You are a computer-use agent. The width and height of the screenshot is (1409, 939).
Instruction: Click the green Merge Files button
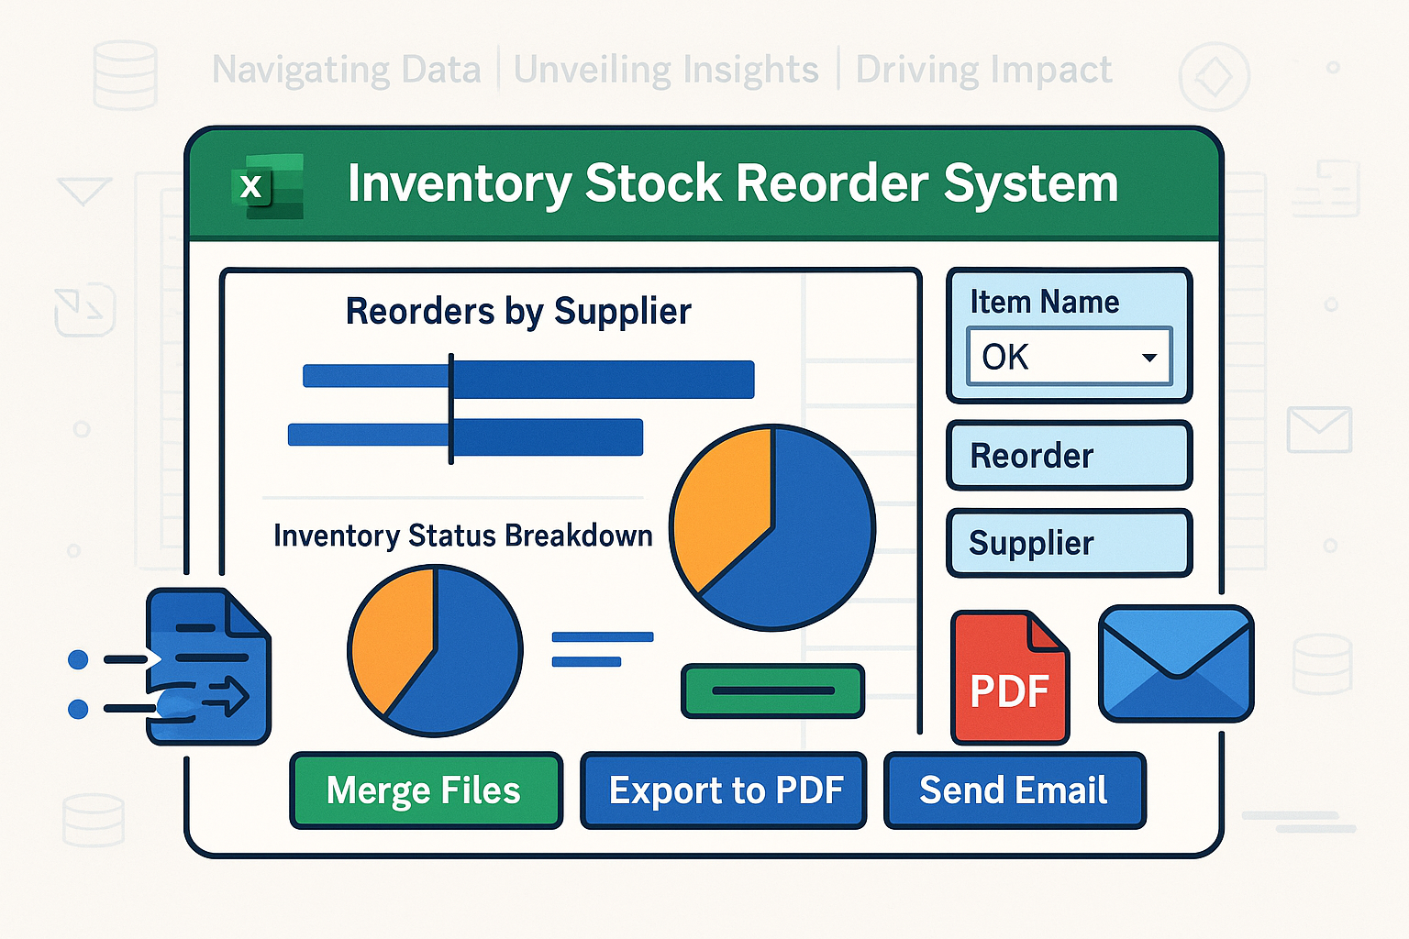(x=426, y=790)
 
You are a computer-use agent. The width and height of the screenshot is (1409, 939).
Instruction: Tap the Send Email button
(x=1015, y=790)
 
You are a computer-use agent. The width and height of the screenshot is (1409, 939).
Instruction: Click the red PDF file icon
(x=1010, y=678)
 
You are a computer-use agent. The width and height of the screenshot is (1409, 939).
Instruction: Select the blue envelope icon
(x=1176, y=664)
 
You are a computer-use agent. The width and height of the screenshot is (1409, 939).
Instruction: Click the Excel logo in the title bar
(x=267, y=186)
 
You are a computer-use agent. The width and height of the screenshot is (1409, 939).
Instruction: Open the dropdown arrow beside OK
(x=1149, y=358)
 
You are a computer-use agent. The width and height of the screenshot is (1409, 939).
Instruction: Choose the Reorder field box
(x=1070, y=456)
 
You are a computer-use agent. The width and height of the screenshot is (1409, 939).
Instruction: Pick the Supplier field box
(x=1070, y=543)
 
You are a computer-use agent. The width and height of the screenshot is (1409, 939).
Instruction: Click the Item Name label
(x=1045, y=302)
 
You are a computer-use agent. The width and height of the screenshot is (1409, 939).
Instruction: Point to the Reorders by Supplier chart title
(x=518, y=312)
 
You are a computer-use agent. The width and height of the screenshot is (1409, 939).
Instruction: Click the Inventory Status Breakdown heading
(x=463, y=536)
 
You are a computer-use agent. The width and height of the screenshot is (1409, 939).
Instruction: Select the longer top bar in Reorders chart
(x=528, y=380)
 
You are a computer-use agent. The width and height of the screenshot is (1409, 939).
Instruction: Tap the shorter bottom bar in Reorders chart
(x=465, y=436)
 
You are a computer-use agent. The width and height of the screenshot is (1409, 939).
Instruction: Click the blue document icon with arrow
(x=208, y=667)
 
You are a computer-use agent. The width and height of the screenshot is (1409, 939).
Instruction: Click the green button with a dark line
(x=773, y=690)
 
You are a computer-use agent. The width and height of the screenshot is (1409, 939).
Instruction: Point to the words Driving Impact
(x=983, y=70)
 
